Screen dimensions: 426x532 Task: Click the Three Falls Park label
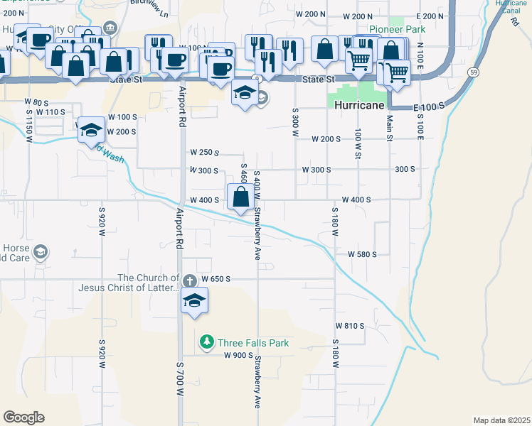(254, 343)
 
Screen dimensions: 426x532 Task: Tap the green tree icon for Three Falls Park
(207, 343)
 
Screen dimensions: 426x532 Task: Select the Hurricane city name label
(360, 104)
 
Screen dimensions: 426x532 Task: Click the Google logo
(23, 417)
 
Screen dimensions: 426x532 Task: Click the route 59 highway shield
(472, 72)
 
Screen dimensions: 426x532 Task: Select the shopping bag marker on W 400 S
(240, 197)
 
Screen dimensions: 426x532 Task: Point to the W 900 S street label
(239, 355)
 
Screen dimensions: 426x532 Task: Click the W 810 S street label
(350, 326)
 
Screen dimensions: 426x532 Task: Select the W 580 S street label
(361, 254)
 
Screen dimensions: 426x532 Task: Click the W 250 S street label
(204, 153)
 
